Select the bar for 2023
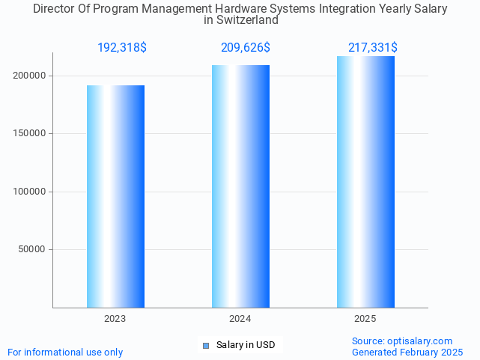click(x=115, y=196)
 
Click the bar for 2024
click(x=240, y=186)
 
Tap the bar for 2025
click(x=365, y=182)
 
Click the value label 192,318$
click(x=122, y=48)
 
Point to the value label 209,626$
click(x=246, y=48)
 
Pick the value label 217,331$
click(x=372, y=48)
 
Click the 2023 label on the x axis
click(x=115, y=319)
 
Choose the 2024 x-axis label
click(x=240, y=319)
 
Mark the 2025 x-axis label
click(x=365, y=319)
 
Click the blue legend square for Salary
click(x=207, y=345)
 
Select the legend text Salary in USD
click(x=246, y=345)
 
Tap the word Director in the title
click(x=55, y=9)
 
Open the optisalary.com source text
click(x=402, y=341)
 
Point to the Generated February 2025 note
click(x=407, y=352)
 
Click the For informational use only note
click(x=65, y=352)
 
